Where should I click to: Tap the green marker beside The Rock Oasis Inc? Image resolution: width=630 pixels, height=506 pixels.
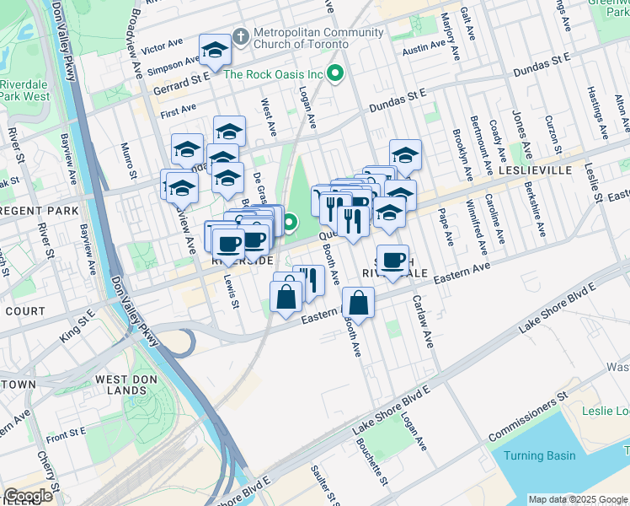pyautogui.click(x=336, y=74)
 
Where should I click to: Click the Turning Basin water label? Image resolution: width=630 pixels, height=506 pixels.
pyautogui.click(x=539, y=455)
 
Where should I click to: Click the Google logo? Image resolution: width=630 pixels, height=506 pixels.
pyautogui.click(x=28, y=496)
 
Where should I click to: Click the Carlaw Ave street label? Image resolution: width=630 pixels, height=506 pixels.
pyautogui.click(x=422, y=322)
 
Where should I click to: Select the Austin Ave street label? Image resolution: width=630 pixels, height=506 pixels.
pyautogui.click(x=422, y=51)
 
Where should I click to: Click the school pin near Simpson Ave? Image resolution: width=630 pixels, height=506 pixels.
pyautogui.click(x=215, y=51)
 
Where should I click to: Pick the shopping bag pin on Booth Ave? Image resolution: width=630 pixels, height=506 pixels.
pyautogui.click(x=358, y=304)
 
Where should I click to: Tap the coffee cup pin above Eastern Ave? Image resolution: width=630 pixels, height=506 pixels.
pyautogui.click(x=392, y=260)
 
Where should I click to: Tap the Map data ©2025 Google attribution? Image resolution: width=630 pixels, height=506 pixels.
pyautogui.click(x=576, y=499)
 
